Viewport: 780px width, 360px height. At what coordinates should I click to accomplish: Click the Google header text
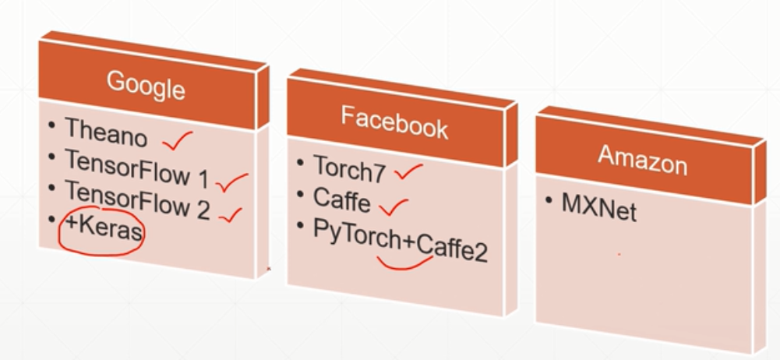coord(146,85)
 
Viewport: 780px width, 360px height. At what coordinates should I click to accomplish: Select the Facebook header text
coord(394,122)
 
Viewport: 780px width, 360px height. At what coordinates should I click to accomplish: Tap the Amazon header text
coord(642,161)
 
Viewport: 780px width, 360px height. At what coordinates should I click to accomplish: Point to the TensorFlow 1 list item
coord(137,169)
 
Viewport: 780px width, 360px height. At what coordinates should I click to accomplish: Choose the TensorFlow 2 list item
coord(137,200)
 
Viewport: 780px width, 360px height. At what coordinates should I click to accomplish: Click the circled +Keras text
coord(104,231)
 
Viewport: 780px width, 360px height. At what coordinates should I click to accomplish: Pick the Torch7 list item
coord(349,169)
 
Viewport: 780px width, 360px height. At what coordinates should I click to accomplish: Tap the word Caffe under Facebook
coord(342,199)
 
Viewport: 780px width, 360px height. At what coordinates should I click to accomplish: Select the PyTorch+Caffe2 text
coord(400,241)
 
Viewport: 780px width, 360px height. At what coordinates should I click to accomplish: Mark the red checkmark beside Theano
coord(177,141)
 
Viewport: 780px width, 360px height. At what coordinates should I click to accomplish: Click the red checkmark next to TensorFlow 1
coord(231,183)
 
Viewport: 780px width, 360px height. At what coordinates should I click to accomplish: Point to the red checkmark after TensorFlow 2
coord(231,214)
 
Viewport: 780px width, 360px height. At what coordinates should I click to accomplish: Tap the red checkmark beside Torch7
coord(408,171)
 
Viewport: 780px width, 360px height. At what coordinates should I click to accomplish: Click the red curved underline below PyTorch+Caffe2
coord(404,262)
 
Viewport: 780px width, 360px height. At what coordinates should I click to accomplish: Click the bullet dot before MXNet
coord(549,203)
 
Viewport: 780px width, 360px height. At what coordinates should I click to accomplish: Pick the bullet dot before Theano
coord(51,125)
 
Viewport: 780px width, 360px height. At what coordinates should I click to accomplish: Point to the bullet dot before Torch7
coord(301,162)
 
